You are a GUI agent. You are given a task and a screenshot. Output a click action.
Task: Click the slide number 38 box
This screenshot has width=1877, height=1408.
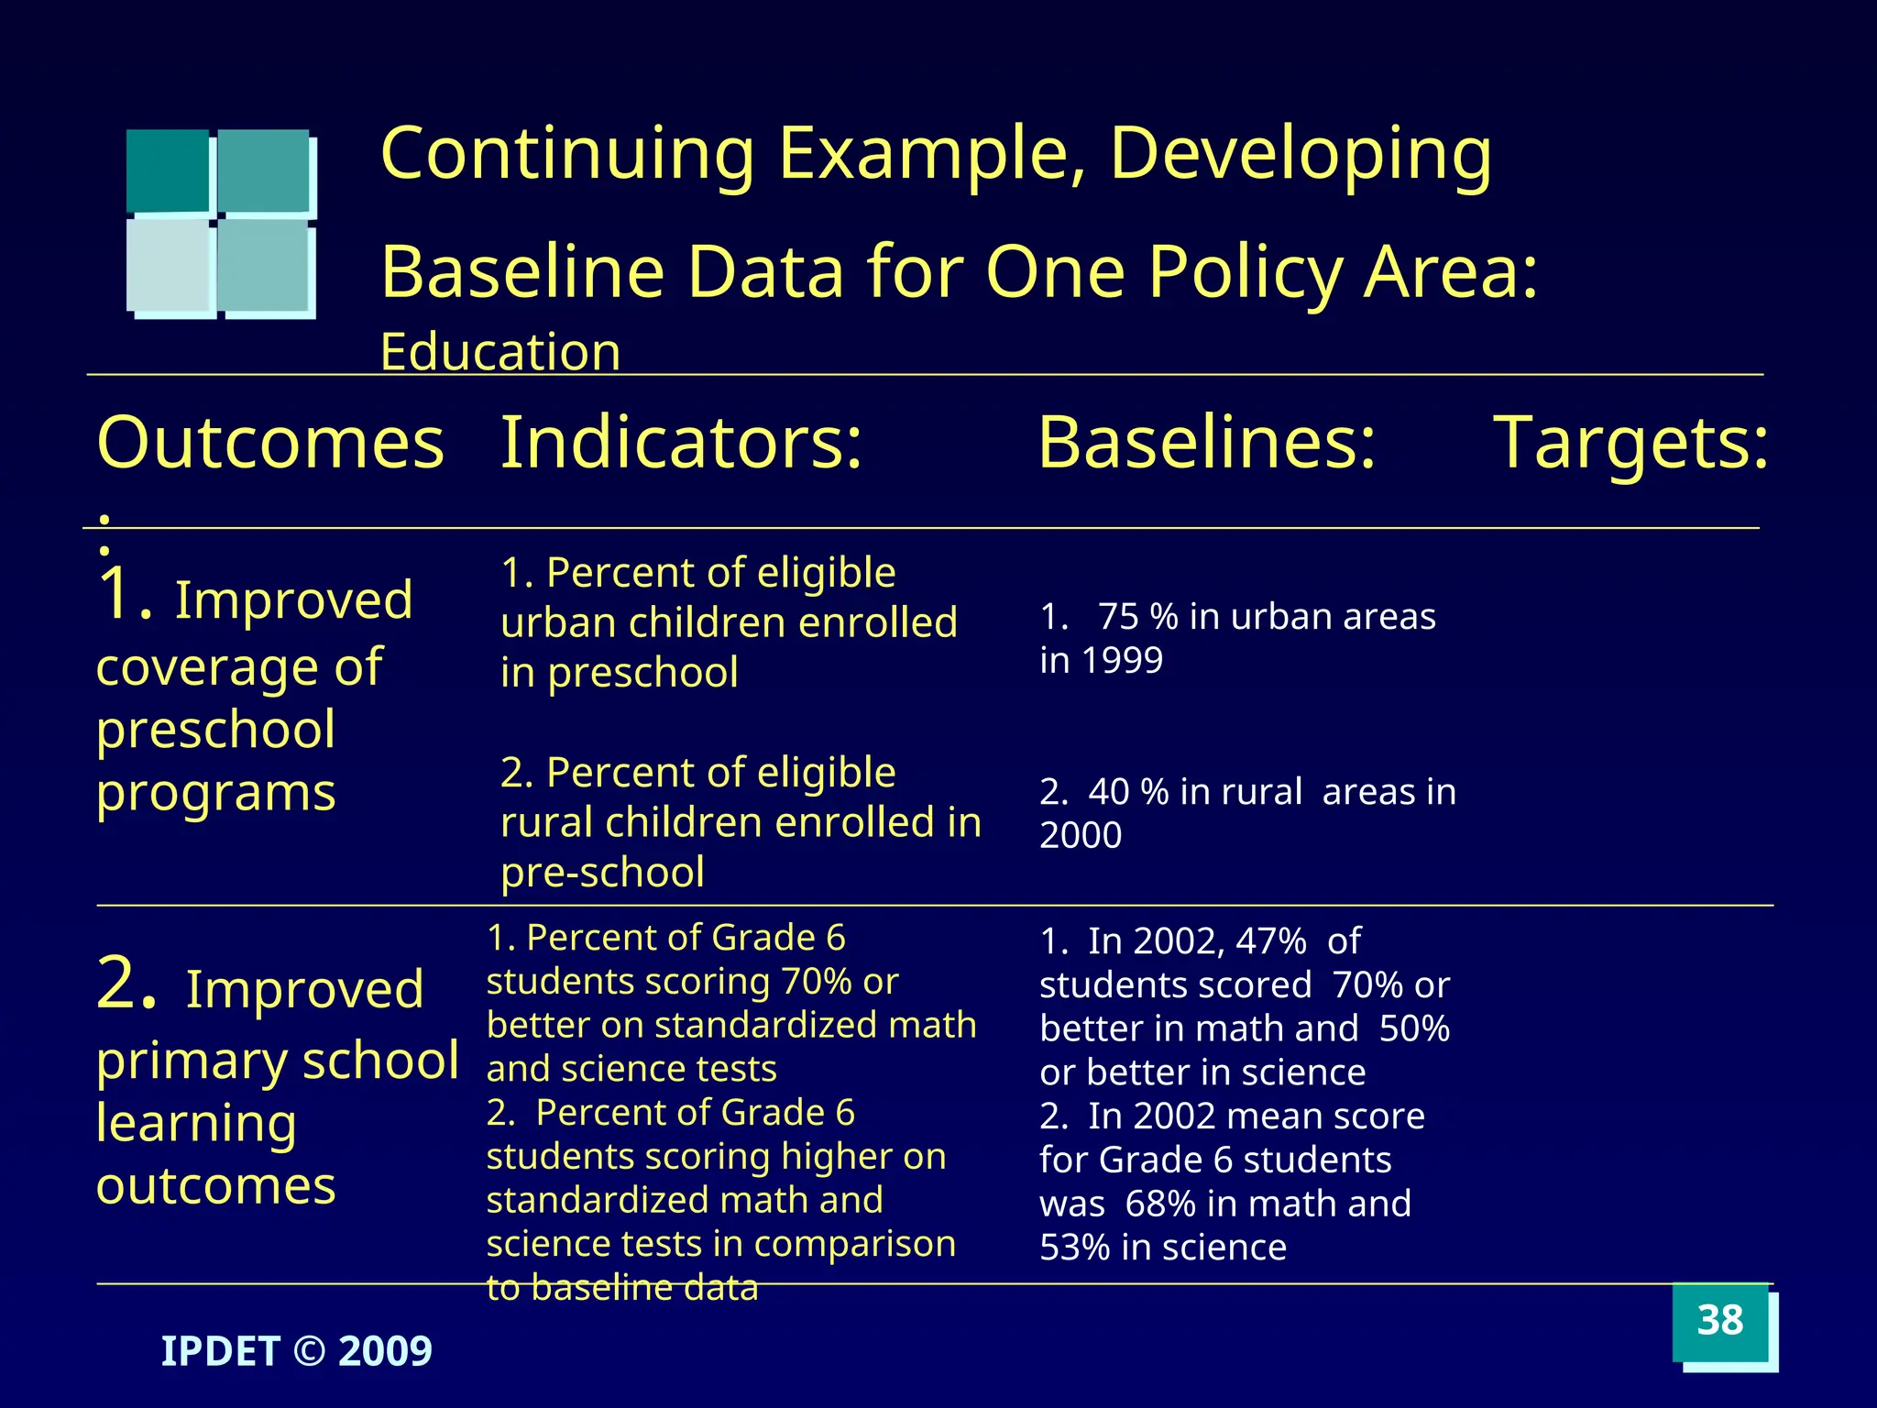click(x=1720, y=1322)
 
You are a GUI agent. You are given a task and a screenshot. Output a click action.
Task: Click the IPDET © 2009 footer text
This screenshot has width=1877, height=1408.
click(x=296, y=1351)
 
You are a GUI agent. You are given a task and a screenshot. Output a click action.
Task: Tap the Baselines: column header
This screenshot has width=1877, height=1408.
click(x=1206, y=444)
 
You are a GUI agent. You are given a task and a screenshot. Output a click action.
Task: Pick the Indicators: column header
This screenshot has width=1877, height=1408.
click(x=681, y=444)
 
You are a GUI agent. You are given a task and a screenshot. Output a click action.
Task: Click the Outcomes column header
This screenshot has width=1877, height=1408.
click(x=270, y=444)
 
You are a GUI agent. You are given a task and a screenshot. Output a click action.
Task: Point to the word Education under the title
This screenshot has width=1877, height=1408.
click(x=500, y=352)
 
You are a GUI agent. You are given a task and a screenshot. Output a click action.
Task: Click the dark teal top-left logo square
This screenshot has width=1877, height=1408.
click(x=168, y=170)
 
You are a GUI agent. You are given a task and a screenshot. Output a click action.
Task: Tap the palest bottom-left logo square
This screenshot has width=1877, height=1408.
click(x=168, y=266)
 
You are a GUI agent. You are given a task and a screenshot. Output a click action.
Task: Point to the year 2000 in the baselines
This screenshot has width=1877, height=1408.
click(x=1081, y=836)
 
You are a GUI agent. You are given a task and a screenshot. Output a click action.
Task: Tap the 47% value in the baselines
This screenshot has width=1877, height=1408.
click(x=1270, y=941)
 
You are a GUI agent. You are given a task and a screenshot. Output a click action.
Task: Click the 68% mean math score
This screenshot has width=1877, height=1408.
click(x=1160, y=1204)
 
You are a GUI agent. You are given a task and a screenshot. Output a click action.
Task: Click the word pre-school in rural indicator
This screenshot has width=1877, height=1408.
click(x=602, y=873)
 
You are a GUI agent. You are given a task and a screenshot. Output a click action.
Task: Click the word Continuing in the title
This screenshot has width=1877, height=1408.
click(x=567, y=154)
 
